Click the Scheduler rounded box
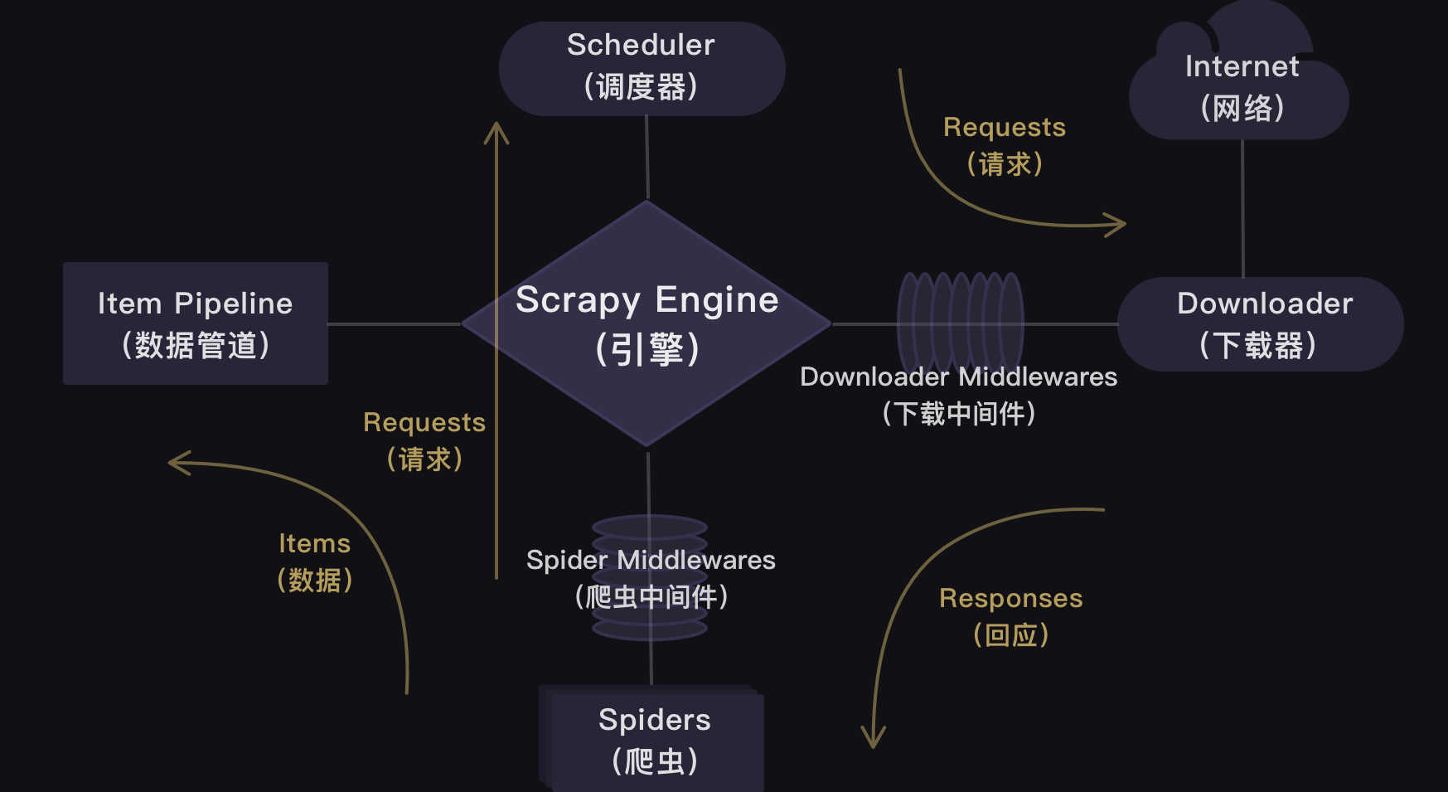tap(642, 68)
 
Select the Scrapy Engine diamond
tap(647, 323)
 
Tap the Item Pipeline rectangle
tap(196, 323)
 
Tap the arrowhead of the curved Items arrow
tap(176, 463)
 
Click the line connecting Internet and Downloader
tap(1242, 207)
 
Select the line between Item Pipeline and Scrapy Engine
tap(395, 324)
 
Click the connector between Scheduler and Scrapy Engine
tap(647, 158)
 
